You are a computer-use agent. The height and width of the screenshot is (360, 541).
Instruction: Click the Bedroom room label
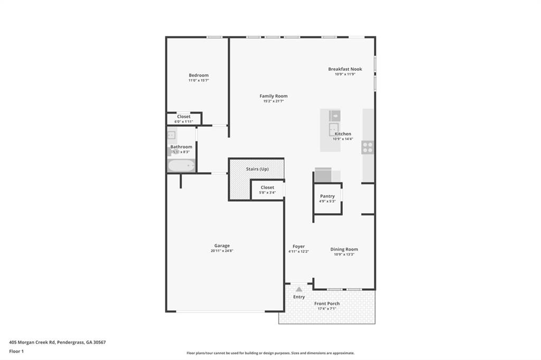(x=199, y=75)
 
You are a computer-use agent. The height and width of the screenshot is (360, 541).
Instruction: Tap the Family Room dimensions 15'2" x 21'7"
(x=274, y=101)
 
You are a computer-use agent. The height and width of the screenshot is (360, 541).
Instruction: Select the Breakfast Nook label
(x=345, y=69)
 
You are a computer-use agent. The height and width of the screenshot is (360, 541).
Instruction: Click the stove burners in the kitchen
(x=367, y=147)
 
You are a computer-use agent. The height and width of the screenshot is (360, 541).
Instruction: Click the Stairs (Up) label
(x=257, y=169)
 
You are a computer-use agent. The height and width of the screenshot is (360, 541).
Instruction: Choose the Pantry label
(x=327, y=196)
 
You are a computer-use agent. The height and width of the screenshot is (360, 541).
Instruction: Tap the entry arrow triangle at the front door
(x=299, y=289)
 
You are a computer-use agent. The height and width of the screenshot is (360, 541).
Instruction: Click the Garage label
(x=222, y=245)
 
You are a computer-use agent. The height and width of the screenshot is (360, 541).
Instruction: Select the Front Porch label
(x=327, y=304)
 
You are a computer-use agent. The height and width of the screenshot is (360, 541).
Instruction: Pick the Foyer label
(x=299, y=247)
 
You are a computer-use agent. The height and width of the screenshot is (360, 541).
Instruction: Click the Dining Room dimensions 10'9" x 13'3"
(x=344, y=254)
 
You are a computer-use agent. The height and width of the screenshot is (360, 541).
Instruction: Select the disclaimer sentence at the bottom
(x=270, y=353)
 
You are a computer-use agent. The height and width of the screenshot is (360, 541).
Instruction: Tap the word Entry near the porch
(x=299, y=297)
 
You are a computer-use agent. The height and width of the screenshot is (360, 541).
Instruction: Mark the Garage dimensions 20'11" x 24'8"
(x=222, y=251)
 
